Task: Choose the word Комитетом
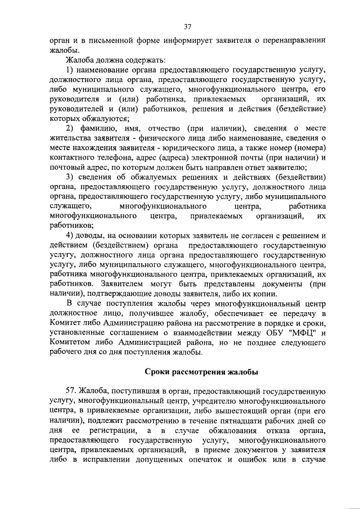(74, 343)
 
